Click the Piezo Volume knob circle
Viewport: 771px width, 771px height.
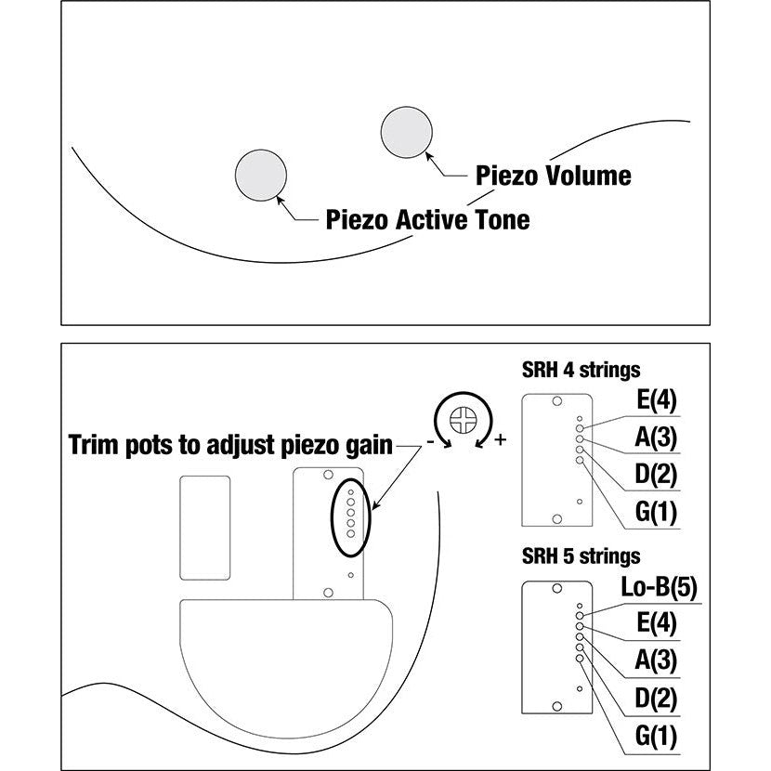[x=406, y=131]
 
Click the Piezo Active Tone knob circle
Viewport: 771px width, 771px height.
[x=261, y=174]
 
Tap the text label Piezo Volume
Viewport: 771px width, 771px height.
[x=553, y=176]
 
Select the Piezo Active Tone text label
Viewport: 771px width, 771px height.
[x=427, y=220]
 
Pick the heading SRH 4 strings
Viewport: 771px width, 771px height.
[x=581, y=370]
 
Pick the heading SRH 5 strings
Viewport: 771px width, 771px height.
[x=581, y=556]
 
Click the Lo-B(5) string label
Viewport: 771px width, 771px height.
[x=658, y=587]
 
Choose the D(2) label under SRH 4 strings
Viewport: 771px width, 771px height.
[x=656, y=475]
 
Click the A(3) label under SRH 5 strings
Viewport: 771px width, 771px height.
[x=656, y=661]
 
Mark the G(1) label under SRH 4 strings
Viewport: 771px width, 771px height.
[x=656, y=512]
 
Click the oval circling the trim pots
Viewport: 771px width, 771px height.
[x=351, y=516]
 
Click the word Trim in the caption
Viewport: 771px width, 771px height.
[x=96, y=445]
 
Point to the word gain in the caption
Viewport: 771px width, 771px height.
[x=367, y=445]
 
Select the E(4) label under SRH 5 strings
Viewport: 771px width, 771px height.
[x=656, y=624]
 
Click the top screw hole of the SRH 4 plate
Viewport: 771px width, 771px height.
[x=556, y=402]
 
